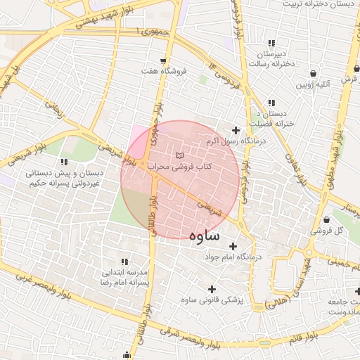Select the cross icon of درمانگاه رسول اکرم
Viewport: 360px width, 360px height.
pos(236,130)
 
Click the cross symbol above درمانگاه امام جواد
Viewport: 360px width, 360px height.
pos(233,245)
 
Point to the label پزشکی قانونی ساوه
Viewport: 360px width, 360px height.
pos(212,300)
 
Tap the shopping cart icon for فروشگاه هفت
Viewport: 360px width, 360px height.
pos(163,60)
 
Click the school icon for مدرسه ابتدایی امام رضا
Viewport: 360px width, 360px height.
pos(125,262)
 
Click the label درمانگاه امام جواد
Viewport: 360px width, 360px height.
pos(233,257)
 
